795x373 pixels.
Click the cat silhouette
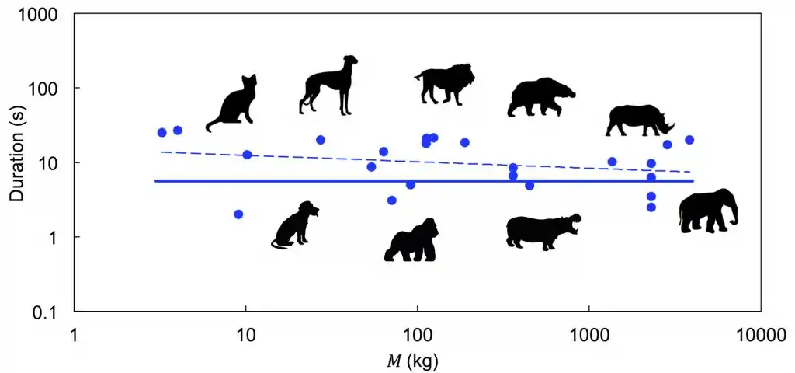tap(233, 105)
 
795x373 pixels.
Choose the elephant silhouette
tap(706, 210)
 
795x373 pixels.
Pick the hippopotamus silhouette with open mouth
tap(542, 230)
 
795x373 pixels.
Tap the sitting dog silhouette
tap(297, 225)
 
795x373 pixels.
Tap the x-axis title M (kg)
tap(416, 361)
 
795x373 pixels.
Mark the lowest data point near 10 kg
tap(238, 214)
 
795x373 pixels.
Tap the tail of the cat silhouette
tap(211, 127)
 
